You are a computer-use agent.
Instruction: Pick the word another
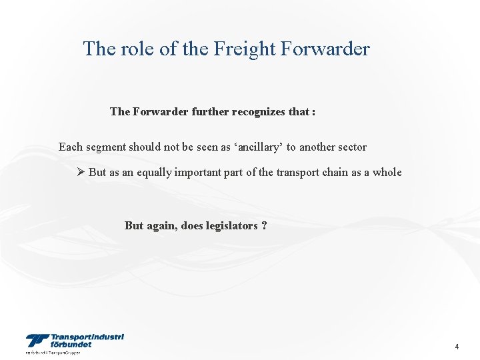pyautogui.click(x=313, y=147)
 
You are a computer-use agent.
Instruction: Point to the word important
pyautogui.click(x=197, y=172)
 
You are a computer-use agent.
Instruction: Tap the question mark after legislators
pyautogui.click(x=265, y=225)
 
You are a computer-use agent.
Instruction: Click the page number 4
pyautogui.click(x=457, y=347)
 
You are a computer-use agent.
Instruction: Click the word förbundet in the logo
pyautogui.click(x=71, y=345)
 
